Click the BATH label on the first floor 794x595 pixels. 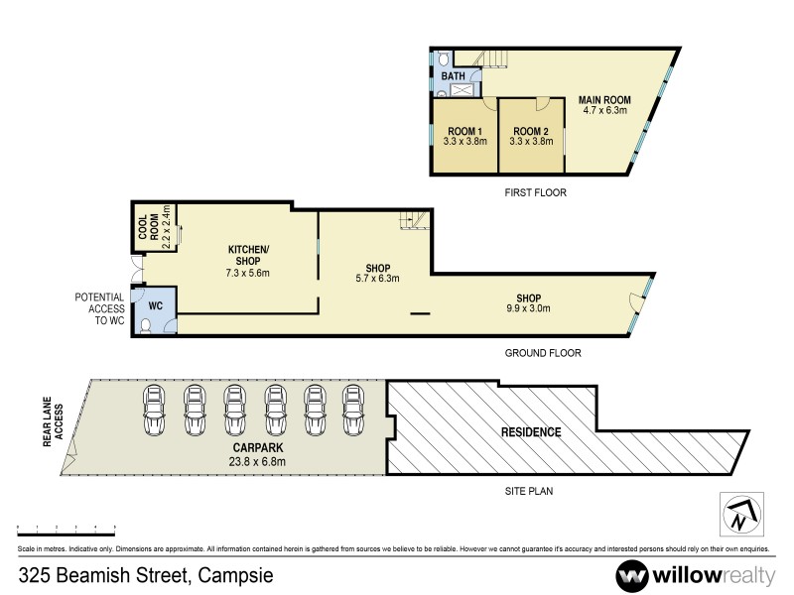tap(453, 75)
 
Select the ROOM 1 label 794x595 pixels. tap(464, 131)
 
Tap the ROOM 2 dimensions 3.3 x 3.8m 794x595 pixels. tap(530, 142)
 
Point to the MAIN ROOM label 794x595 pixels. tap(604, 99)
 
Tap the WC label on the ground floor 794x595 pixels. tap(155, 307)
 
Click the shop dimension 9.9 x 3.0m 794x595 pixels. tap(528, 308)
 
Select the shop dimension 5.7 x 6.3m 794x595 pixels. tap(376, 279)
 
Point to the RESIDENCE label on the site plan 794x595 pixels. tap(531, 432)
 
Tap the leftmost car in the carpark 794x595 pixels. tap(155, 409)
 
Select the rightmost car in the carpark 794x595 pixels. tap(353, 409)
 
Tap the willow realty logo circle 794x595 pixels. tap(631, 575)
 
